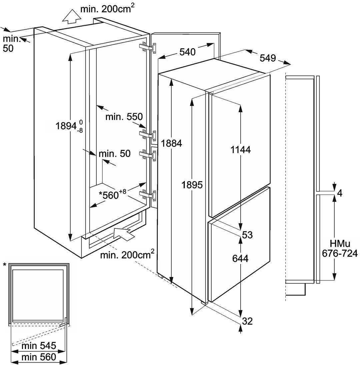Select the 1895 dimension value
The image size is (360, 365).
pyautogui.click(x=193, y=184)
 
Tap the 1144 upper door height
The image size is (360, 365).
pyautogui.click(x=240, y=150)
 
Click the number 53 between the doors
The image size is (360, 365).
pyautogui.click(x=247, y=235)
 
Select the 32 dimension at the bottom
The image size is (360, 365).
pyautogui.click(x=247, y=321)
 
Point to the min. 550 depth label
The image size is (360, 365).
pyautogui.click(x=124, y=117)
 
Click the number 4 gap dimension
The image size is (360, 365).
pyautogui.click(x=340, y=193)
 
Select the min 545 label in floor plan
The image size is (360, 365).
pyautogui.click(x=39, y=345)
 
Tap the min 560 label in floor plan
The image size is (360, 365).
pyautogui.click(x=39, y=357)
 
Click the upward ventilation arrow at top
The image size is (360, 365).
pyautogui.click(x=70, y=17)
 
